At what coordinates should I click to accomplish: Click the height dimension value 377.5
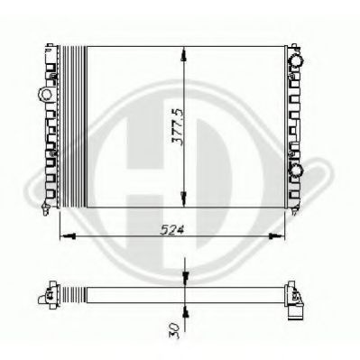[x=177, y=127]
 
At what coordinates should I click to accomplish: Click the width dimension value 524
[x=171, y=230]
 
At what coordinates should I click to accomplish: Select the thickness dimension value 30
[x=175, y=330]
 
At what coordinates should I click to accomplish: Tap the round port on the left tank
[x=46, y=94]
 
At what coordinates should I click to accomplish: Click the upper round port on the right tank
[x=295, y=60]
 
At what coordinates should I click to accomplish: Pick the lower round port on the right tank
[x=295, y=171]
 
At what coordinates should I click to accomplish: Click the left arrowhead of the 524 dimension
[x=69, y=236]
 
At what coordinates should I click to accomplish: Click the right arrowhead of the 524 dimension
[x=276, y=236]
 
